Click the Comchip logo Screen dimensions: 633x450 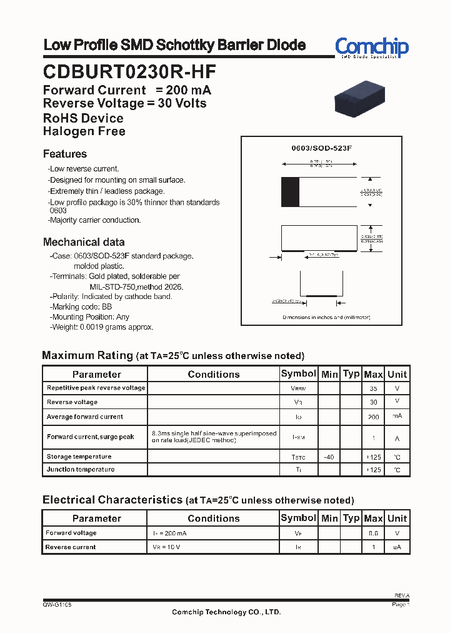click(371, 47)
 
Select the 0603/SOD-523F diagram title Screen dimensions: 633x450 click(322, 148)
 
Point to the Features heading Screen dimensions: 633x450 click(65, 154)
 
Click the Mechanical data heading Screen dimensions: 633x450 click(84, 242)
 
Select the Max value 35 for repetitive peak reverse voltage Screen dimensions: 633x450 click(373, 388)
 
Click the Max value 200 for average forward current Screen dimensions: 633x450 click(373, 417)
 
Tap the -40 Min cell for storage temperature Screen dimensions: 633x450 click(329, 457)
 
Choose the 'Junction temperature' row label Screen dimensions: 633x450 click(81, 469)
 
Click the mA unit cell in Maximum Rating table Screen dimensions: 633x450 click(397, 416)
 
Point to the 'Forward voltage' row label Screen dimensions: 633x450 click(71, 533)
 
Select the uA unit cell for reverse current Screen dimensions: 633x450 click(397, 547)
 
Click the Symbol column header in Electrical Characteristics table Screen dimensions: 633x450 click(298, 518)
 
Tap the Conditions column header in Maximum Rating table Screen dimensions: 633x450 click(213, 374)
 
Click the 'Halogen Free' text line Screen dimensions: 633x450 click(84, 131)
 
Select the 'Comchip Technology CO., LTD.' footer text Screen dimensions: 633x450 click(226, 612)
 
